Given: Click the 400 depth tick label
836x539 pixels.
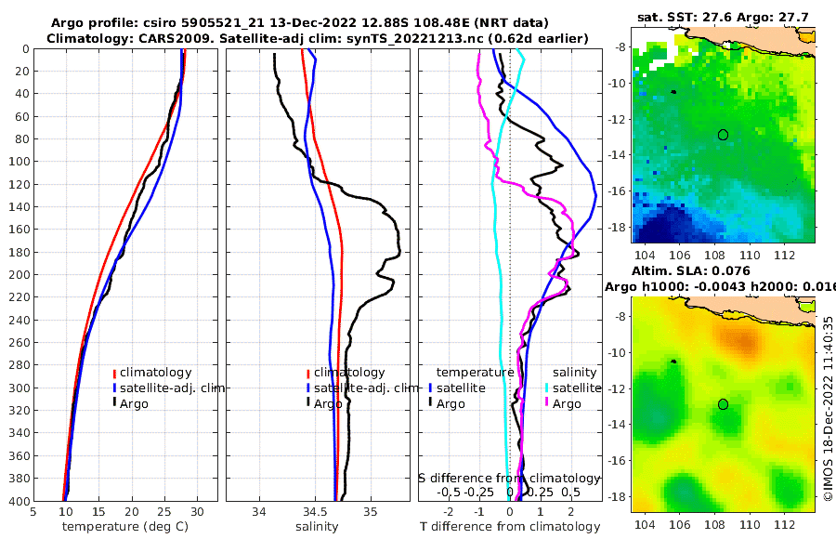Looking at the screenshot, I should coord(18,501).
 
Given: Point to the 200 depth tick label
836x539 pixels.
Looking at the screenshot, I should coord(18,275).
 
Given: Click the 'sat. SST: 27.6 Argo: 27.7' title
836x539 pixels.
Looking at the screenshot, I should coord(724,17).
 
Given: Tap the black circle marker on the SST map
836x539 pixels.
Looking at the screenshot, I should coord(723,135).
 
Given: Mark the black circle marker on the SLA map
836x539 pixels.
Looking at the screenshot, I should coord(723,403).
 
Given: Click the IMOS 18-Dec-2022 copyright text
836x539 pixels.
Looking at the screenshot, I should coord(828,409).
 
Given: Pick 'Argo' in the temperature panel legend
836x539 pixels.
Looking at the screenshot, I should coord(134,403).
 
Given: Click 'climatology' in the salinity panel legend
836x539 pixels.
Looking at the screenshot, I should coord(348,373).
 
